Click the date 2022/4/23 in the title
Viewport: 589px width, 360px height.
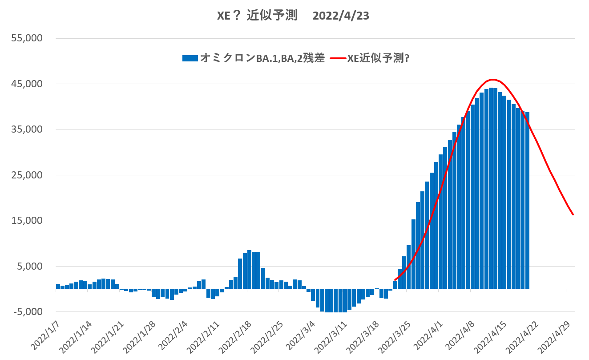(341, 16)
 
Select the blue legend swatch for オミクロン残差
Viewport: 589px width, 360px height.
(190, 58)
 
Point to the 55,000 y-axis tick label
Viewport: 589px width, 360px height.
(27, 38)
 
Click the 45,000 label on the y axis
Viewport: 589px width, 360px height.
(27, 84)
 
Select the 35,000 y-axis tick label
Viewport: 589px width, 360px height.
(27, 129)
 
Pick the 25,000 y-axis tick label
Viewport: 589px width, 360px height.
(27, 175)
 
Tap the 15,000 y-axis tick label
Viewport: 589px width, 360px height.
(27, 221)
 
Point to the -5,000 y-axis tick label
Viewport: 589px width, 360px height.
(28, 312)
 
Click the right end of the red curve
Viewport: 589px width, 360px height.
(573, 214)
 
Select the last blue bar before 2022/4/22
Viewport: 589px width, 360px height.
(527, 200)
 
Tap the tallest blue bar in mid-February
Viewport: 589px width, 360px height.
(250, 270)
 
